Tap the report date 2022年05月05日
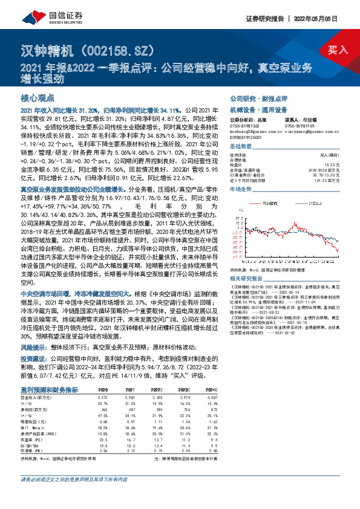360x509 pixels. pyautogui.click(x=329, y=18)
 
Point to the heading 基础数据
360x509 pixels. pyautogui.click(x=240, y=147)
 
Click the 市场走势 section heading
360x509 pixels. pyautogui.click(x=240, y=190)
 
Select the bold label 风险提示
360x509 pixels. pyautogui.click(x=32, y=348)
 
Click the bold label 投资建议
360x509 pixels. pyautogui.click(x=32, y=358)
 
